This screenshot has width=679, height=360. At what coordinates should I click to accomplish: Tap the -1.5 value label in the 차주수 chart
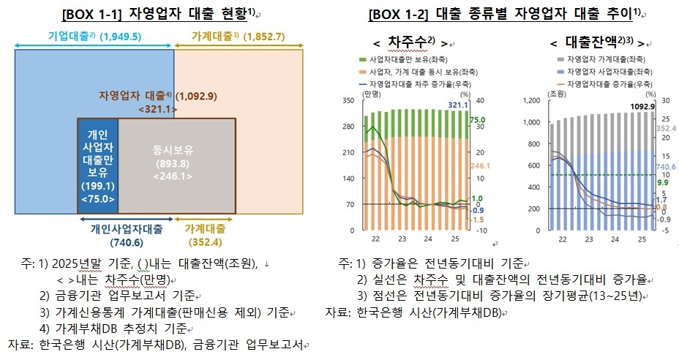tap(477, 220)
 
